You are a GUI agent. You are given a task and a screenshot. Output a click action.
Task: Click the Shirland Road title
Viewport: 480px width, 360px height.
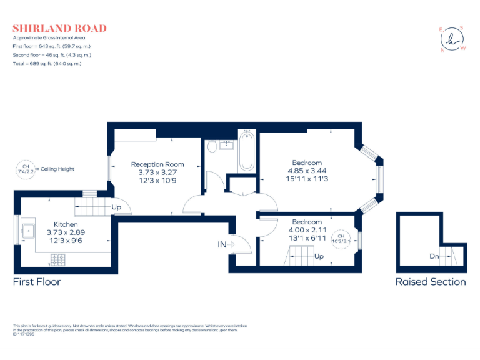[59, 28]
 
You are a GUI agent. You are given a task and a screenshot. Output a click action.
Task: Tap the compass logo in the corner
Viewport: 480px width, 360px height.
[452, 39]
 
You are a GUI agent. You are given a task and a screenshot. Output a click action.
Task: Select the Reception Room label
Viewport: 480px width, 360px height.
[157, 164]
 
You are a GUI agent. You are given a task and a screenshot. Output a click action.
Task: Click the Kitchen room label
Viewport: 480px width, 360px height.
[66, 224]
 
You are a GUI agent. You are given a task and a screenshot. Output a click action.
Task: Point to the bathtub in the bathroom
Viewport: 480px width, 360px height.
[247, 151]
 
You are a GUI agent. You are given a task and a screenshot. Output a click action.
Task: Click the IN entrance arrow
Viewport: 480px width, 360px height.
[225, 245]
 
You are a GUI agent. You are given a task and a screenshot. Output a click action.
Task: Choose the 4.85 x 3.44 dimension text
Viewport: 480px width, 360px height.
[307, 171]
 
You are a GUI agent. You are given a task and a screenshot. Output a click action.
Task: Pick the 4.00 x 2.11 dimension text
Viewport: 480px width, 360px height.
[307, 229]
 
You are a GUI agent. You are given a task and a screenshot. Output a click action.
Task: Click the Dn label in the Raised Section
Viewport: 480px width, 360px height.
[435, 256]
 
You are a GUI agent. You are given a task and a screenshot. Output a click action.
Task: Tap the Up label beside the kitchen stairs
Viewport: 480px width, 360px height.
[116, 207]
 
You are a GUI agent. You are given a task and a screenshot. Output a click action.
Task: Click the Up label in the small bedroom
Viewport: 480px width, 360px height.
[319, 256]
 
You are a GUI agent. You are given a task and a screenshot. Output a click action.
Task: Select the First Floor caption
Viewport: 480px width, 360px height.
[37, 282]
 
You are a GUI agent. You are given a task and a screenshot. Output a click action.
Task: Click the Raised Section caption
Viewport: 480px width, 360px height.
[430, 282]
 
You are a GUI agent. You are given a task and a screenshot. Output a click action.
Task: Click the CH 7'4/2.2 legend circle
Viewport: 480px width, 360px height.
[25, 169]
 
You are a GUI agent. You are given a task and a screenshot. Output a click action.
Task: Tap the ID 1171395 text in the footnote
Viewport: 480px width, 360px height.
[24, 333]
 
